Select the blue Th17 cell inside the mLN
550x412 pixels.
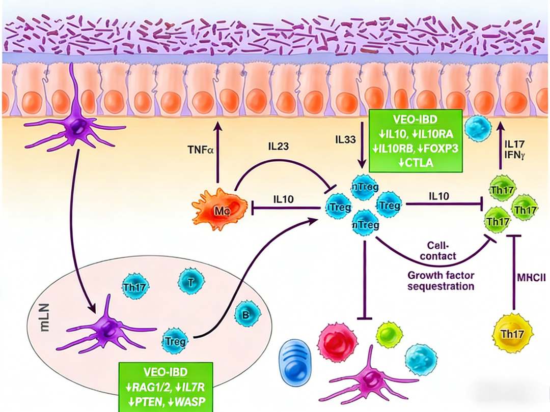click(x=134, y=287)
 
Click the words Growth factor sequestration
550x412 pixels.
click(x=441, y=280)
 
